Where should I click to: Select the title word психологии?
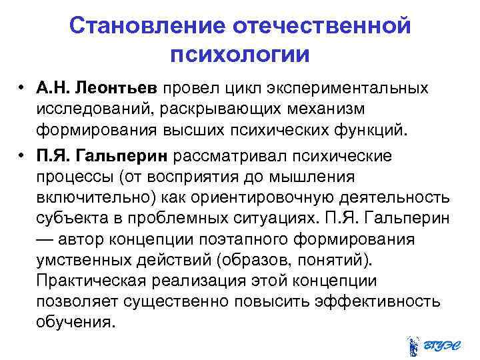(x=240, y=54)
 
